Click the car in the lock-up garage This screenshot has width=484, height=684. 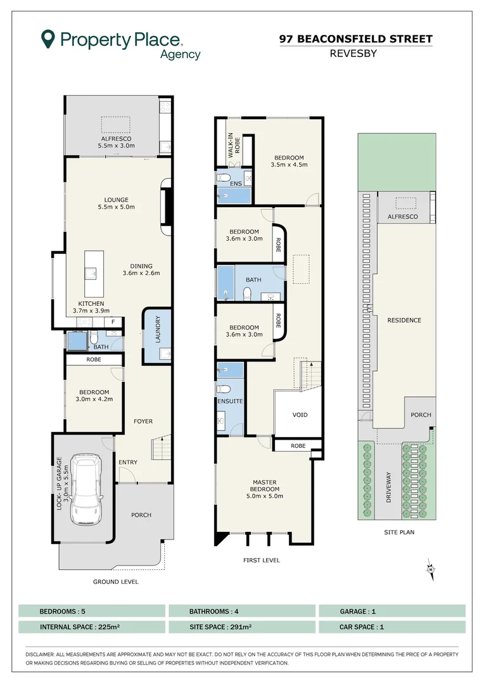tap(86, 490)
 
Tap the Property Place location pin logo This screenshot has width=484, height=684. tap(48, 39)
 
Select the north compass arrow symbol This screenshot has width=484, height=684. tap(431, 569)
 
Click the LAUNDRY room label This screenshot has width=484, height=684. tap(158, 329)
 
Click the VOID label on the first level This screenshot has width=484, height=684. tap(300, 415)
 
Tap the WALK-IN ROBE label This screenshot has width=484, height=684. tap(234, 145)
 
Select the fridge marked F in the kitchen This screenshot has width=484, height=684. tap(113, 322)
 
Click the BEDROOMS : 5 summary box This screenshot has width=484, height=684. tap(92, 611)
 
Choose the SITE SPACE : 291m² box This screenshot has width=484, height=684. tap(242, 627)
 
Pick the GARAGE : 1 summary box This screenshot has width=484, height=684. tap(392, 611)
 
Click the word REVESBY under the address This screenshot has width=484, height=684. tap(353, 54)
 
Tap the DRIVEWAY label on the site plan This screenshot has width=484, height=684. tap(388, 487)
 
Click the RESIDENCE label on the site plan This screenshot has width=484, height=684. tap(404, 320)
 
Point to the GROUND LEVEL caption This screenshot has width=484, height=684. tap(116, 581)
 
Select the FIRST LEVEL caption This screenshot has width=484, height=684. tap(262, 560)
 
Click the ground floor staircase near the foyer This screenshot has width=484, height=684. tap(161, 446)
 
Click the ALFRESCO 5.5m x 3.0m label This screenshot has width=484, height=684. tap(116, 142)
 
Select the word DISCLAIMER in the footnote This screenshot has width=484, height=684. tap(40, 654)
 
